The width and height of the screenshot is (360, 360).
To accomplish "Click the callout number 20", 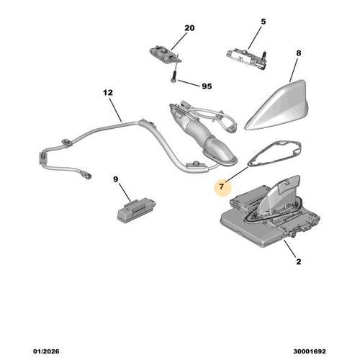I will [x=189, y=28].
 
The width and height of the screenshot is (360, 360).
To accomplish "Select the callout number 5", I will [x=262, y=22].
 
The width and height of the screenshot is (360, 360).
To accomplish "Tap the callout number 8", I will [x=298, y=53].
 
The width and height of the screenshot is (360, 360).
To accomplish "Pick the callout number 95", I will [x=207, y=86].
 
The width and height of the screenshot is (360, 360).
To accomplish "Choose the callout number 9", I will [x=115, y=179].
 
